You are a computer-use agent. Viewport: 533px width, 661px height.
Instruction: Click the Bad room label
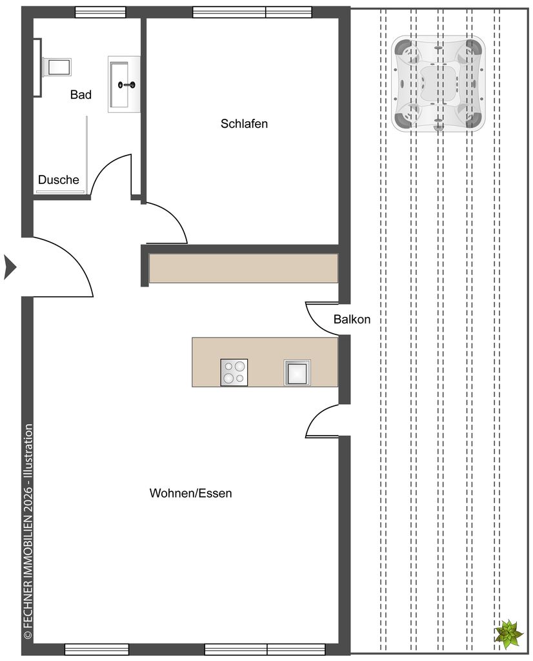81,95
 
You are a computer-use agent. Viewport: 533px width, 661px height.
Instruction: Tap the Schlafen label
244,123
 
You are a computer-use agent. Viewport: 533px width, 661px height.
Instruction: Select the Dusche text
58,179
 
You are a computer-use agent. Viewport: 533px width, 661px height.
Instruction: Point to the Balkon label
352,319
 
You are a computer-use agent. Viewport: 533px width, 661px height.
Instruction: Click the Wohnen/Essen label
190,493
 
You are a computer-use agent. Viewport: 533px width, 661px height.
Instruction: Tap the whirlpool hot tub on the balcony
437,83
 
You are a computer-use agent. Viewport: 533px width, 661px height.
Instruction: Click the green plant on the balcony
508,633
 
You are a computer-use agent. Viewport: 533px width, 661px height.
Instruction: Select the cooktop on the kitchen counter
234,372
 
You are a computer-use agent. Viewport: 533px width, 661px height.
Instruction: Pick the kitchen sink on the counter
297,372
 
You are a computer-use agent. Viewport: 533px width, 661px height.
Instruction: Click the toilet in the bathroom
57,67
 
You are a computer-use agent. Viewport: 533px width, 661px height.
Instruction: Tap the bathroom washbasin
124,85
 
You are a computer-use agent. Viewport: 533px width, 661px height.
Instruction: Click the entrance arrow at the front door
10,267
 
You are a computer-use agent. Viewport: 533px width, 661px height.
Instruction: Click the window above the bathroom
100,12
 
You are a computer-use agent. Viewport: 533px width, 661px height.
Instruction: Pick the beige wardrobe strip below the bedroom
243,268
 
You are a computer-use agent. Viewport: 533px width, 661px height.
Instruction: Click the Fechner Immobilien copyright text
28,532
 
